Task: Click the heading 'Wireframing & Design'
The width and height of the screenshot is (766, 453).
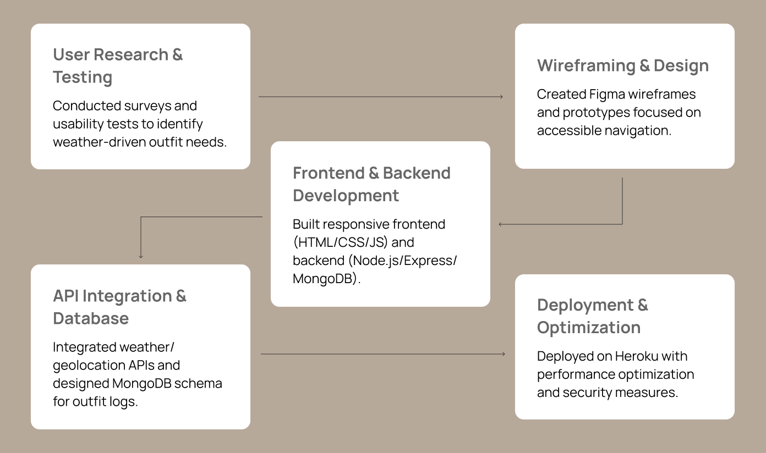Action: (x=622, y=65)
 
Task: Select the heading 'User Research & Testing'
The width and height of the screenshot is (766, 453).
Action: (x=118, y=66)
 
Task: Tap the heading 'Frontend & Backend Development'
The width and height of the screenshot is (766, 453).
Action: (x=371, y=184)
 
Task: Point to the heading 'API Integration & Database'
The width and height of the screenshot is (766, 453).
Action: (x=119, y=307)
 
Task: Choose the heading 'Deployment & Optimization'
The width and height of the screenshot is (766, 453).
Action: (x=593, y=316)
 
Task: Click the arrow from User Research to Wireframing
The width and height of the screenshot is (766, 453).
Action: (x=381, y=97)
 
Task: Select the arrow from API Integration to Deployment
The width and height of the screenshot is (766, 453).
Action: (x=382, y=354)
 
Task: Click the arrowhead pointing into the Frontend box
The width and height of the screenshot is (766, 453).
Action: (x=501, y=224)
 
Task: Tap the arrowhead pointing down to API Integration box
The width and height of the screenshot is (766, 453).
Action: (x=141, y=256)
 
